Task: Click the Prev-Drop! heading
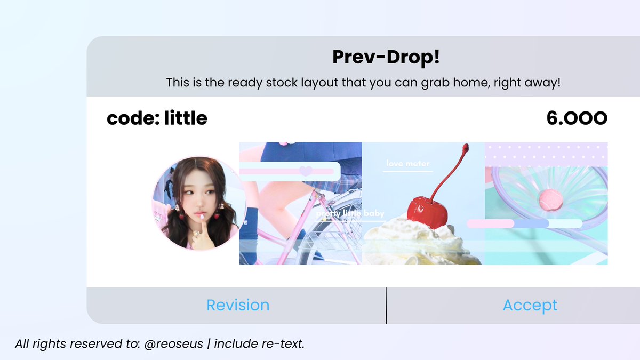[386, 57]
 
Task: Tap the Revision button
[238, 305]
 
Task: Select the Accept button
[530, 305]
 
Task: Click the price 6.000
[577, 118]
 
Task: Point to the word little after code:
[186, 118]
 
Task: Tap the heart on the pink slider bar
[305, 171]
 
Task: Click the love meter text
[408, 164]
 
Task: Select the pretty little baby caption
[350, 214]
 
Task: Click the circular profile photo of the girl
[199, 203]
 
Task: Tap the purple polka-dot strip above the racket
[546, 154]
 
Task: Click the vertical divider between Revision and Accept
[386, 305]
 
